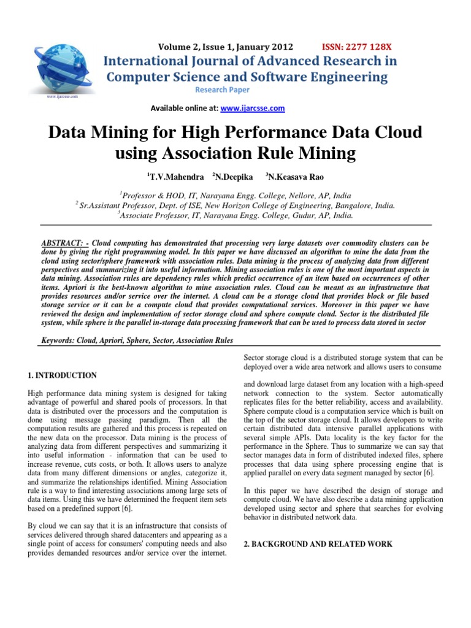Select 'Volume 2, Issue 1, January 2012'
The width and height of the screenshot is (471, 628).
pos(226,47)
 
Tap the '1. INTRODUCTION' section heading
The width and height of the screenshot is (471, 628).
pos(63,375)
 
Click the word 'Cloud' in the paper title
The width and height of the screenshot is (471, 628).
pos(394,132)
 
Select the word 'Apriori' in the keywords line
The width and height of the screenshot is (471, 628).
pos(118,340)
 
